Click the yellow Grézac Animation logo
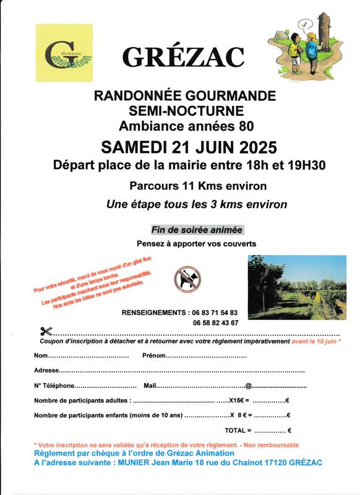(x=64, y=53)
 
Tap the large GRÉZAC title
(x=183, y=57)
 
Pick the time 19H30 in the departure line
(x=304, y=165)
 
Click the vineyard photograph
(x=297, y=286)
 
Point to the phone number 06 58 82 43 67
(x=215, y=323)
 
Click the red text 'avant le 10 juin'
(x=314, y=341)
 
